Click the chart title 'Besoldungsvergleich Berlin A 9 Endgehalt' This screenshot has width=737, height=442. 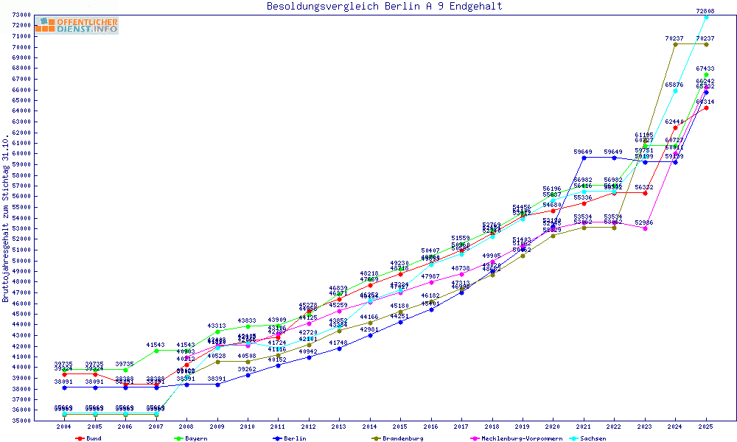385,7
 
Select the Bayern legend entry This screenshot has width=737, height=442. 191,438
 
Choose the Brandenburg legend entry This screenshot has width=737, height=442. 398,438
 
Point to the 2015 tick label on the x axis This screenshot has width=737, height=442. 399,427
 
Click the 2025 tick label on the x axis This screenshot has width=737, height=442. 706,427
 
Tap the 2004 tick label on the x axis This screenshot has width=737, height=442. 64,427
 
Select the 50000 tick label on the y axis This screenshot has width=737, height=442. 21,260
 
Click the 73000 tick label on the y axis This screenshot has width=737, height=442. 21,15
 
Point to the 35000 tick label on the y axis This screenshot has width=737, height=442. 21,421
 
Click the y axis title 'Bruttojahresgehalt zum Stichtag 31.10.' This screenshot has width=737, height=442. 6,220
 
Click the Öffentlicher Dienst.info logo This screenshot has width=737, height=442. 77,26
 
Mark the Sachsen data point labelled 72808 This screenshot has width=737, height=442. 706,17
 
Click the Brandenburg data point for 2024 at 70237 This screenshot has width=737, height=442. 675,44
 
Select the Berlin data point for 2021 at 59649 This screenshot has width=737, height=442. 583,158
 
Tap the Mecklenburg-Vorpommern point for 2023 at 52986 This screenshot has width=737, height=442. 645,228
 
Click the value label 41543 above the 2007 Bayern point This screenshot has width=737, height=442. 156,345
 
